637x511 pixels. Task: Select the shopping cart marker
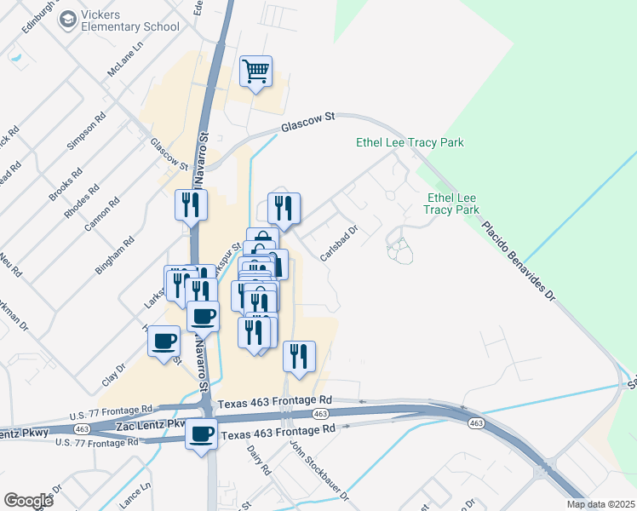[x=255, y=72]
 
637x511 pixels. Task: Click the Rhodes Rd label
[x=83, y=200]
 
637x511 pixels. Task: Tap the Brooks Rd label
[x=66, y=184]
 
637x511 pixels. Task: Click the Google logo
[x=28, y=501]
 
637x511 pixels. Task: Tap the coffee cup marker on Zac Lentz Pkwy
[x=202, y=435]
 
